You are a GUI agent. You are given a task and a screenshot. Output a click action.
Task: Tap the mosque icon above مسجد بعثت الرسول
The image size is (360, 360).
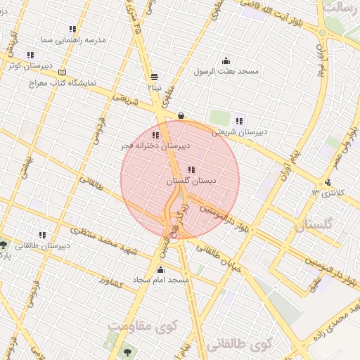tap(226, 61)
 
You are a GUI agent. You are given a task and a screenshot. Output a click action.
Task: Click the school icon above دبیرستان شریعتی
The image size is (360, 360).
tap(240, 121)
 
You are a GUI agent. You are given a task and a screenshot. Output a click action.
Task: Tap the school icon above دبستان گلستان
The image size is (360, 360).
tap(191, 169)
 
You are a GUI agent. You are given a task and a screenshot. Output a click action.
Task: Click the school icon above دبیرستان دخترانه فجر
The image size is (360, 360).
tap(155, 135)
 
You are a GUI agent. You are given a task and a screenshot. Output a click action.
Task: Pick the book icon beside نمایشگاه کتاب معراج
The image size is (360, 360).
tap(63, 72)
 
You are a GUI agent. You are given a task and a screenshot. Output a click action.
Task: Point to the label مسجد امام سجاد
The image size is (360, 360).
tap(162, 281)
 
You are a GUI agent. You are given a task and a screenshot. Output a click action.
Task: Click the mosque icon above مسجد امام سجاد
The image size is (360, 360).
tap(161, 270)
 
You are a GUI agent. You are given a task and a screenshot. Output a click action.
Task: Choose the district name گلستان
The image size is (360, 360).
tap(313, 226)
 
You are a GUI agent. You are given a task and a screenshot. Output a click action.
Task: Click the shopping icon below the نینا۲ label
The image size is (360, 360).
tap(181, 115)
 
